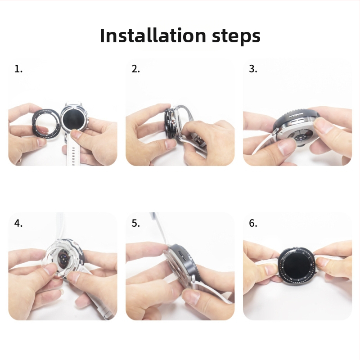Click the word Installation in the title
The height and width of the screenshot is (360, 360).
click(x=153, y=36)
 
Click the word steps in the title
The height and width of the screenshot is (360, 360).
click(x=236, y=37)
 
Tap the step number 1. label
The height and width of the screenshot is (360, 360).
click(x=18, y=69)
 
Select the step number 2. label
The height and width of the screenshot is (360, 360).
click(x=136, y=69)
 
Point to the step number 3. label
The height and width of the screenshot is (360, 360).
click(x=253, y=69)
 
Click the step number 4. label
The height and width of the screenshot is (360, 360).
click(x=18, y=223)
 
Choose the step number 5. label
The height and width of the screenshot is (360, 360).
click(x=136, y=223)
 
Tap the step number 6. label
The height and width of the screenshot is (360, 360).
click(x=253, y=223)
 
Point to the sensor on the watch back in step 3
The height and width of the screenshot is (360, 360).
click(x=300, y=138)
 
